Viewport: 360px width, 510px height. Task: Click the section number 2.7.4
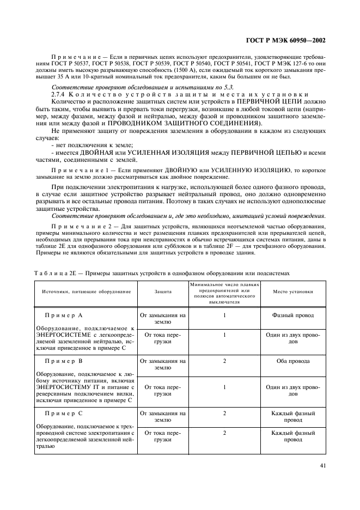(59, 94)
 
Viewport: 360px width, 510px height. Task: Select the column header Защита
(163, 292)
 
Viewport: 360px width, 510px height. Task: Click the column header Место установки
(294, 292)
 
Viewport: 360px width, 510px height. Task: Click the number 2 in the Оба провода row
(224, 361)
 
